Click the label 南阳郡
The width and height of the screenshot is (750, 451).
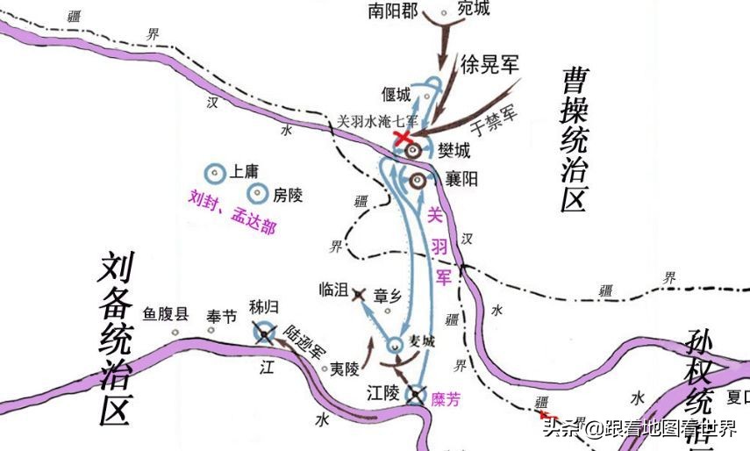pos(400,11)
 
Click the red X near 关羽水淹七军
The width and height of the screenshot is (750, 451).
pos(403,138)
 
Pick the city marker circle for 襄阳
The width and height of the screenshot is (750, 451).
pos(418,180)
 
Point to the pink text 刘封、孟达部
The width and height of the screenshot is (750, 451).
pos(232,212)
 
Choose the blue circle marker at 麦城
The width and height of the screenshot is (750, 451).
pos(396,343)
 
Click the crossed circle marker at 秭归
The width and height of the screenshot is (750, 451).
pos(263,332)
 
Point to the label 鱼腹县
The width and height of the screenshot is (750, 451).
pos(166,312)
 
